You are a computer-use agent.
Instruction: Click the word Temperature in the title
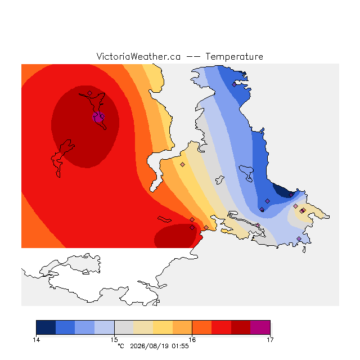234,56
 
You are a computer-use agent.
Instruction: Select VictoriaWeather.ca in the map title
138,56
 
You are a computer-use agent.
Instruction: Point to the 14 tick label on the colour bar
36,340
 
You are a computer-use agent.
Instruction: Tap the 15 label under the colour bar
114,340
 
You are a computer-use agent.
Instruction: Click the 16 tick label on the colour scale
192,340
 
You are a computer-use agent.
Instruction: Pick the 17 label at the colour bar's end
270,340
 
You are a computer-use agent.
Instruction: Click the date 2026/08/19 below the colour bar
150,346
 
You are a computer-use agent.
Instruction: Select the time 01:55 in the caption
180,346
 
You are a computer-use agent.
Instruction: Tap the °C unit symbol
121,346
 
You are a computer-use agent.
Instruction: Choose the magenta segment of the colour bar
260,327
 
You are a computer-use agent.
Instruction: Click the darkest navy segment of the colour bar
46,327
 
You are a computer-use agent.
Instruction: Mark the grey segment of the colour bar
124,327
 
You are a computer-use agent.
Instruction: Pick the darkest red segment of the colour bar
241,327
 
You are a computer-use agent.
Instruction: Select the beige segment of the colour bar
143,327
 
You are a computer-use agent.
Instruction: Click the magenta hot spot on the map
98,118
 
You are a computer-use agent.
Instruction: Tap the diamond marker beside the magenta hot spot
102,116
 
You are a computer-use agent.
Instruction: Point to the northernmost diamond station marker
234,85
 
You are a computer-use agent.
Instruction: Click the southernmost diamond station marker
299,238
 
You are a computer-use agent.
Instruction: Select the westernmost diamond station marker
90,93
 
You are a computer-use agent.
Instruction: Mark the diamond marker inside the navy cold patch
291,195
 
